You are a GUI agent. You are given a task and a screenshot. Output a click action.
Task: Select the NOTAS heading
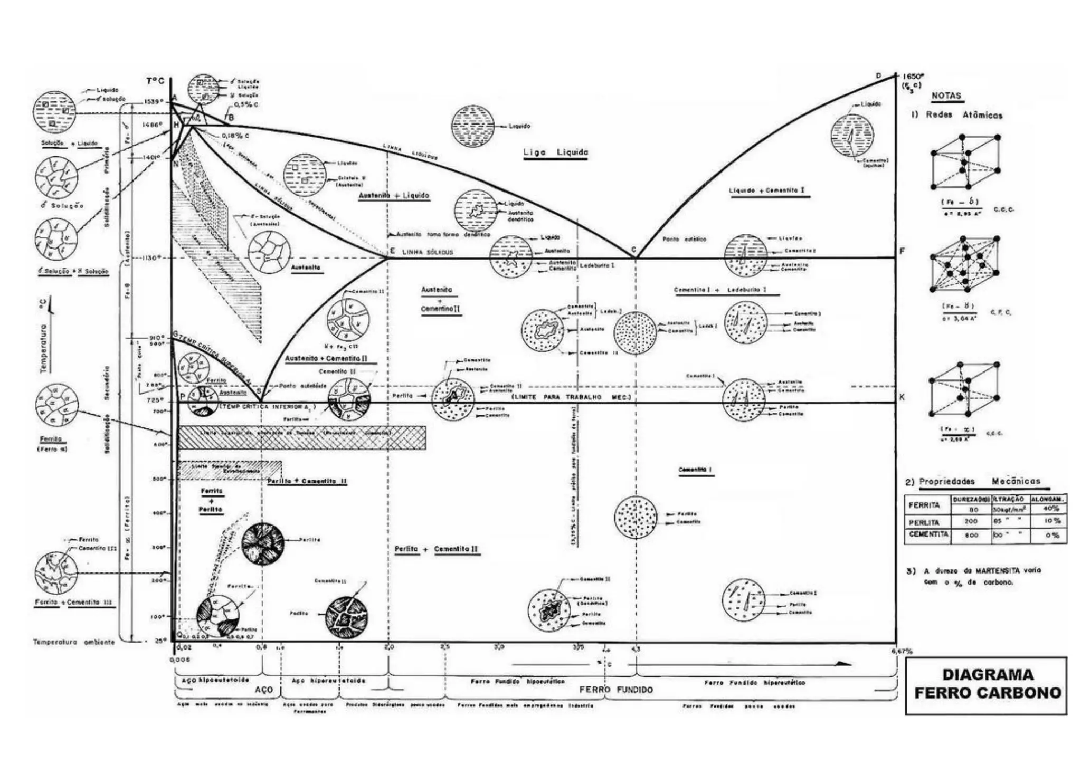pyautogui.click(x=946, y=96)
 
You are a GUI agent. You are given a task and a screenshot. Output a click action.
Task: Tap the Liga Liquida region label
pyautogui.click(x=555, y=152)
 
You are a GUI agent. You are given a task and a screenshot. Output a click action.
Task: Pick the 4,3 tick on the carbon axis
pyautogui.click(x=636, y=649)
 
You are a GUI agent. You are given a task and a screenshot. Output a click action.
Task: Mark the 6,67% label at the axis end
pyautogui.click(x=902, y=651)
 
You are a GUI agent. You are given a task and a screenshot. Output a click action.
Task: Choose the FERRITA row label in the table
pyautogui.click(x=924, y=505)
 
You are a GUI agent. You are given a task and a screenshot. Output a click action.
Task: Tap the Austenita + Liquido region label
pyautogui.click(x=394, y=196)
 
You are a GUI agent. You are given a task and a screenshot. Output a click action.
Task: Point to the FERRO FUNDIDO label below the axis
pyautogui.click(x=615, y=690)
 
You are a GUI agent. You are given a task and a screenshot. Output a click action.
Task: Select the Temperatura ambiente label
pyautogui.click(x=73, y=642)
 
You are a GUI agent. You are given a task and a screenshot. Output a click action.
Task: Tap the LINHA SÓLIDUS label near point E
pyautogui.click(x=428, y=252)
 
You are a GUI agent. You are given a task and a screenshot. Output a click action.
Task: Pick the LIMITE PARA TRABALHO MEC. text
pyautogui.click(x=571, y=397)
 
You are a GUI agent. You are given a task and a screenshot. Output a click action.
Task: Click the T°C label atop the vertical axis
pyautogui.click(x=155, y=81)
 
